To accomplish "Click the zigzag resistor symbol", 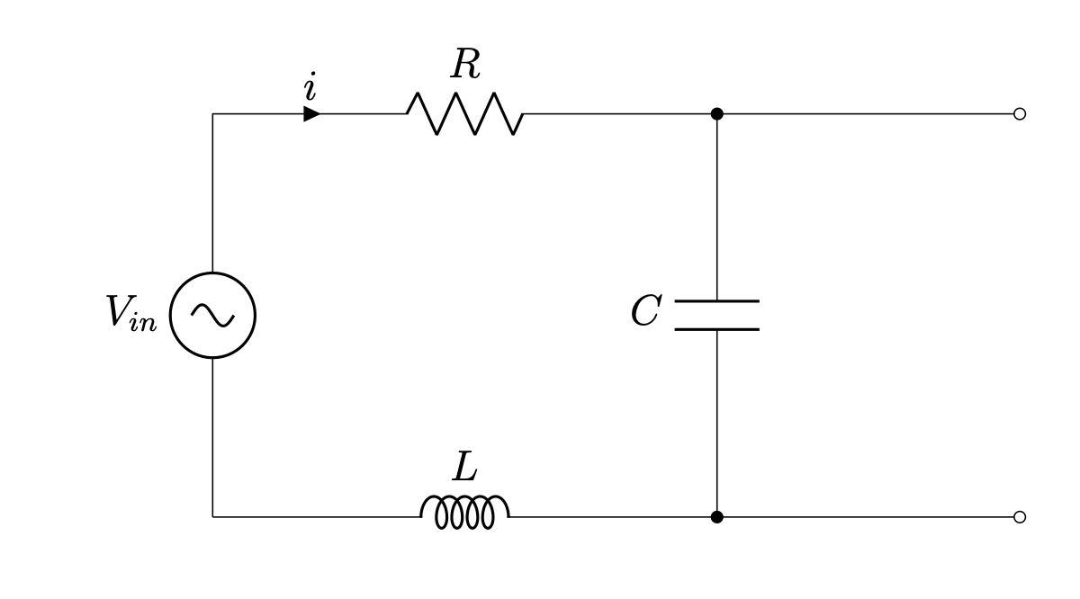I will [464, 114].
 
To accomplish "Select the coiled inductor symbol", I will [464, 513].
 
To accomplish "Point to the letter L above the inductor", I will [464, 468].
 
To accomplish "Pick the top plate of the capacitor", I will [716, 300].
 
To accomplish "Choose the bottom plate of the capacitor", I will [716, 329].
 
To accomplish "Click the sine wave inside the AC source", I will [212, 315].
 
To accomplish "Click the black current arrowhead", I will [311, 114].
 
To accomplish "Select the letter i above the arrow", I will [310, 88].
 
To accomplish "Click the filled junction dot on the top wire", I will [716, 114].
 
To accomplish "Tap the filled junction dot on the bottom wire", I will [716, 517].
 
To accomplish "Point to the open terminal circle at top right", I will [1019, 114].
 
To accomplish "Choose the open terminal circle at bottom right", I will [1019, 517].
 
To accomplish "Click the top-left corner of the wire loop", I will [212, 114].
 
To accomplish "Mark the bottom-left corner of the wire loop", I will [212, 517].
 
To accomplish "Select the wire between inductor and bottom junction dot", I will [612, 517].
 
